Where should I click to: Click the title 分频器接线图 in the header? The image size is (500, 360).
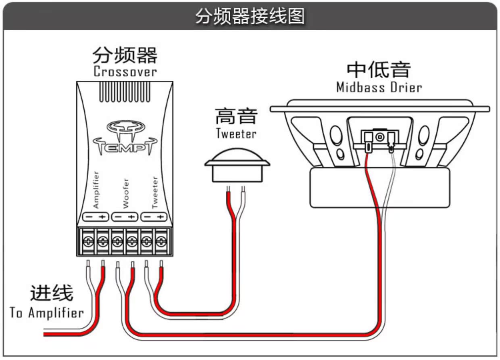tap(250, 16)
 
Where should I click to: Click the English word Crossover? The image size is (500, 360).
tap(125, 72)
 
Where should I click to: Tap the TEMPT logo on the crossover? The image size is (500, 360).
tap(125, 138)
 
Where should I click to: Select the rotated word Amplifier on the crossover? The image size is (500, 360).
tap(96, 190)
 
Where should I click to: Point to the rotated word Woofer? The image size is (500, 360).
tap(126, 193)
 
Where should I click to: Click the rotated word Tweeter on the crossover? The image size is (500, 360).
tap(155, 193)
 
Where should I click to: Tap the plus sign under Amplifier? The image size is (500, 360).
tap(102, 217)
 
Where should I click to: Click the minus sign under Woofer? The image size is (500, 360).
tap(119, 217)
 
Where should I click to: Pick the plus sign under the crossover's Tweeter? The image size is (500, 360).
tap(160, 217)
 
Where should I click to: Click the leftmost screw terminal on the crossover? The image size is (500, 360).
tap(88, 242)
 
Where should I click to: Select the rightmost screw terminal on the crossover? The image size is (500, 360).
tap(161, 242)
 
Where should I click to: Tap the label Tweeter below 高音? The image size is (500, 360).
tap(236, 134)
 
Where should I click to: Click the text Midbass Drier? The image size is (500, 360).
tap(379, 87)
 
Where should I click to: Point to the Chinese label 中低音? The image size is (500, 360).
tap(379, 69)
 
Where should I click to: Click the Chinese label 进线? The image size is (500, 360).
tap(52, 293)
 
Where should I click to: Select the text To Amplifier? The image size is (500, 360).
tap(47, 313)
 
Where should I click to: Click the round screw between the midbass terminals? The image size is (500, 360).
tap(379, 137)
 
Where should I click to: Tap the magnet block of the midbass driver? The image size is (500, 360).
tap(380, 188)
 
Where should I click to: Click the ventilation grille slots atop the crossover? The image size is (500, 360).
tap(125, 92)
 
